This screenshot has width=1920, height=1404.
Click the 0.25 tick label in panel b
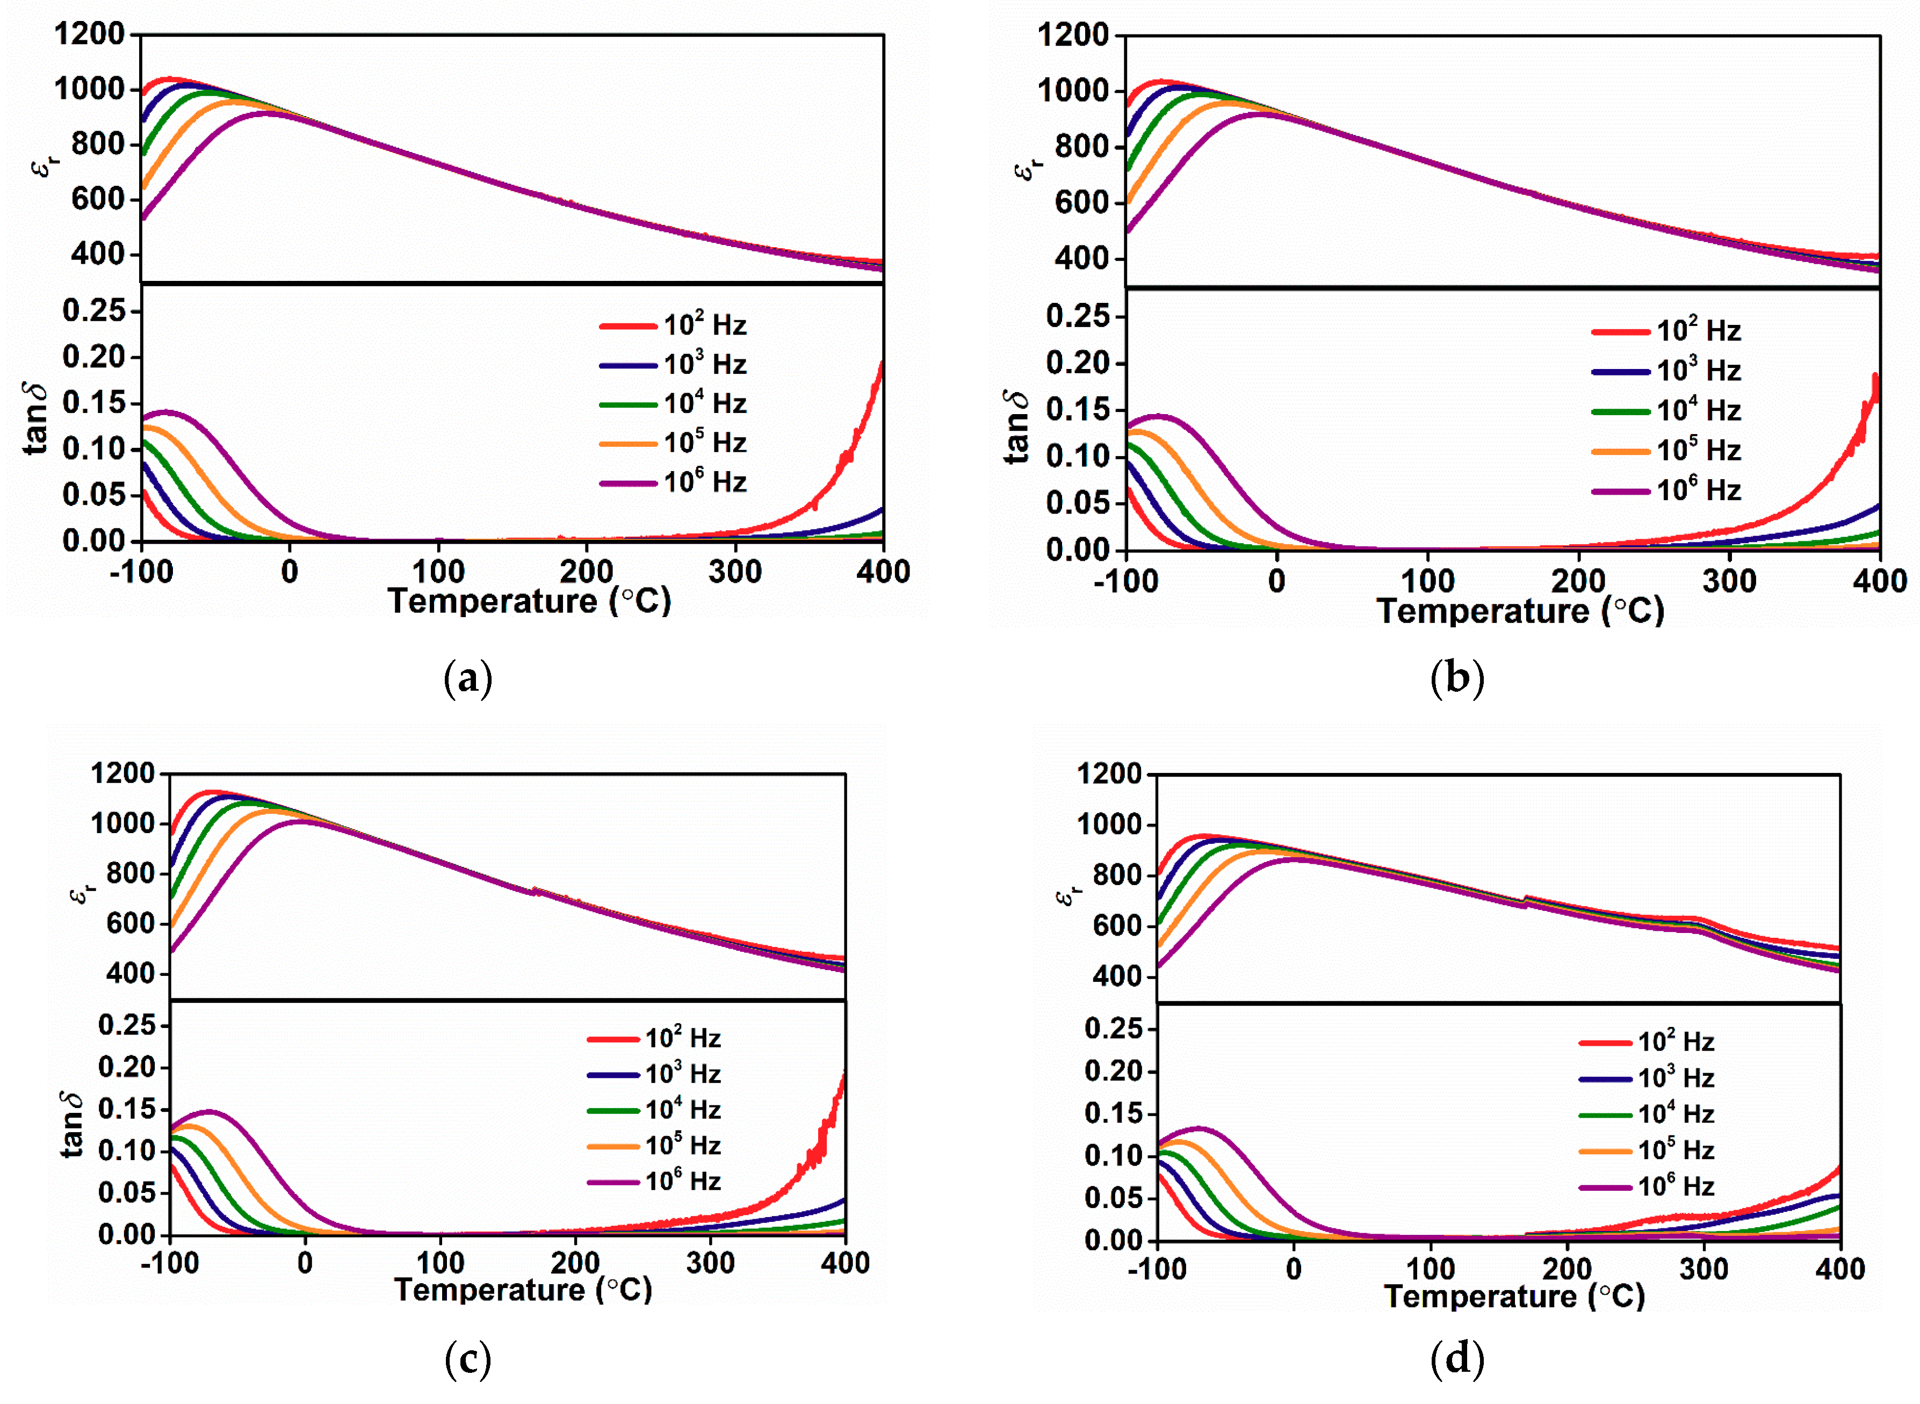tap(1077, 316)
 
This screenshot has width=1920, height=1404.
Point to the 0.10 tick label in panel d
tap(1114, 1156)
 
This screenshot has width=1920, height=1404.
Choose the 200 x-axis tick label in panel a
tap(587, 572)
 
